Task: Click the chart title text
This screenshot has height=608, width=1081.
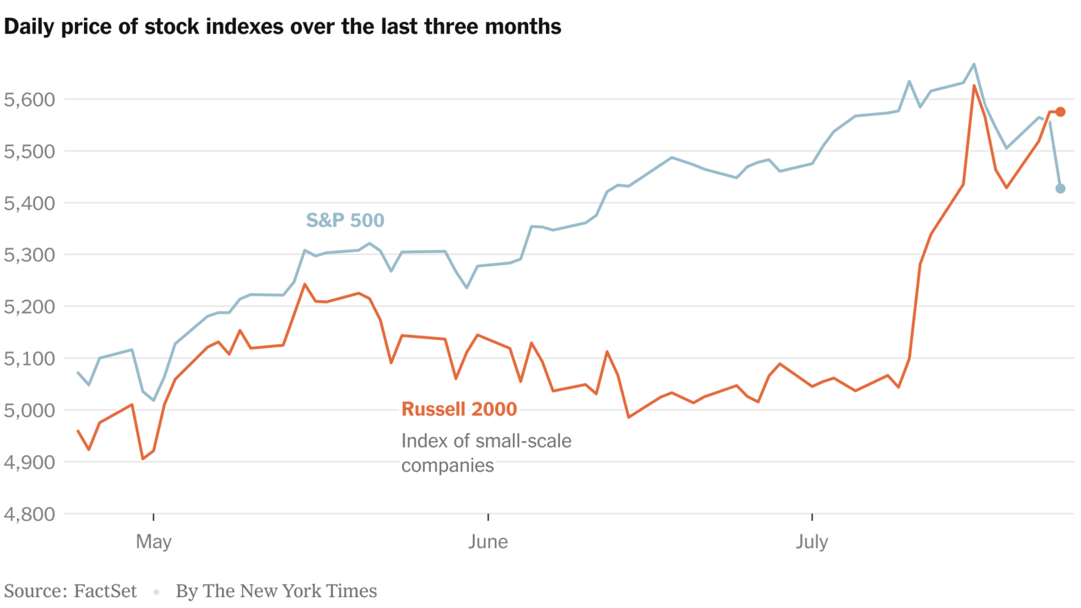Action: tap(283, 27)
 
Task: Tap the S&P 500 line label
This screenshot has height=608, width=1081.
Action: tap(345, 221)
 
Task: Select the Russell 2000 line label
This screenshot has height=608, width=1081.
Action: tap(458, 409)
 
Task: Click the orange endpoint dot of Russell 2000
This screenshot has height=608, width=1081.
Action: tap(1060, 112)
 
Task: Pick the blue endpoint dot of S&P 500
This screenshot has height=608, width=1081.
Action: tap(1060, 189)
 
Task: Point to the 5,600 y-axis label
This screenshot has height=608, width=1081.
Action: tap(29, 100)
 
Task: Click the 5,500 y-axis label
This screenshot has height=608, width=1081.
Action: tap(29, 152)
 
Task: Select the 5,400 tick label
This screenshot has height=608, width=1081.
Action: tap(29, 203)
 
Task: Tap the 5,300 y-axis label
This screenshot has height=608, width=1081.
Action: tap(29, 255)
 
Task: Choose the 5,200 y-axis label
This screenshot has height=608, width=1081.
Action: tap(29, 307)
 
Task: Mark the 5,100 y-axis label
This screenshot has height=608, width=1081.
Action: tap(29, 358)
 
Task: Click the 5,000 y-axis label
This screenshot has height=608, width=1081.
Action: tap(29, 410)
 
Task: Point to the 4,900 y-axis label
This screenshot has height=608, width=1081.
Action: tap(29, 462)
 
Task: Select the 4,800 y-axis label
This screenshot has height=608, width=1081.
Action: tap(29, 514)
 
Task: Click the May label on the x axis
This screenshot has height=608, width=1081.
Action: tap(153, 542)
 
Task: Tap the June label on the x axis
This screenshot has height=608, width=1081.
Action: tap(488, 542)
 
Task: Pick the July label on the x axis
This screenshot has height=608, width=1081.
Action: tap(811, 542)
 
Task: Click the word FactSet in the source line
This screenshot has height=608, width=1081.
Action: tap(105, 591)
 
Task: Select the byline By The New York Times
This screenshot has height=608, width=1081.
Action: tap(276, 591)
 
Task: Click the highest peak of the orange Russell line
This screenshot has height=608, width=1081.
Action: tap(974, 86)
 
